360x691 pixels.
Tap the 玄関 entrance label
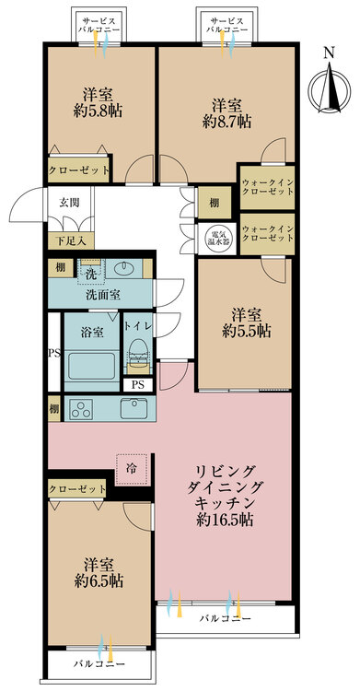[69, 204]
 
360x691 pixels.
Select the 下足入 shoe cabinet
[71, 240]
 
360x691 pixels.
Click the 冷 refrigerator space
[133, 469]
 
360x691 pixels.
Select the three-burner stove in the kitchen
[82, 408]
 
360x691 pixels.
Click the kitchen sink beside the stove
[134, 408]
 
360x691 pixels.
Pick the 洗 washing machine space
[91, 272]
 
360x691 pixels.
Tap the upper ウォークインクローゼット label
[267, 187]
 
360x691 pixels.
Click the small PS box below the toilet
[138, 385]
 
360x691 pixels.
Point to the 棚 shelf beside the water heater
[215, 203]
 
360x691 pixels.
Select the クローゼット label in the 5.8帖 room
[78, 170]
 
